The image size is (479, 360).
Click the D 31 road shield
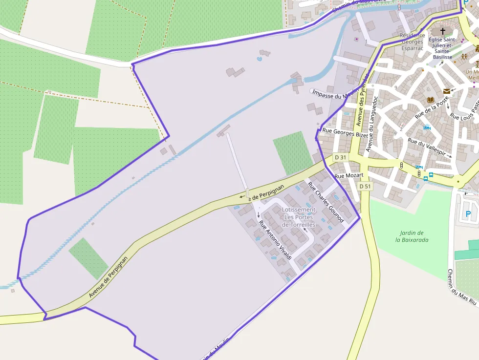coord(340,158)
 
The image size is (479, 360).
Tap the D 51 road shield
coord(365,186)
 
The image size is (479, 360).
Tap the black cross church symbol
coord(443,31)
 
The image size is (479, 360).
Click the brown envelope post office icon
coord(446,91)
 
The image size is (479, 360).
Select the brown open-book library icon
coord(431,100)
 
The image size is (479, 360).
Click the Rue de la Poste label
coord(432,108)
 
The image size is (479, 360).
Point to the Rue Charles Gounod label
coord(326,202)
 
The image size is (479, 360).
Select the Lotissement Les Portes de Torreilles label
coord(299,217)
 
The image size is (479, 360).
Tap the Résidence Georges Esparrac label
coord(412,42)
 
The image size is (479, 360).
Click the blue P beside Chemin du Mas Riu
coord(468,214)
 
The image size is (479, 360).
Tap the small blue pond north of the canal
coord(259,59)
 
